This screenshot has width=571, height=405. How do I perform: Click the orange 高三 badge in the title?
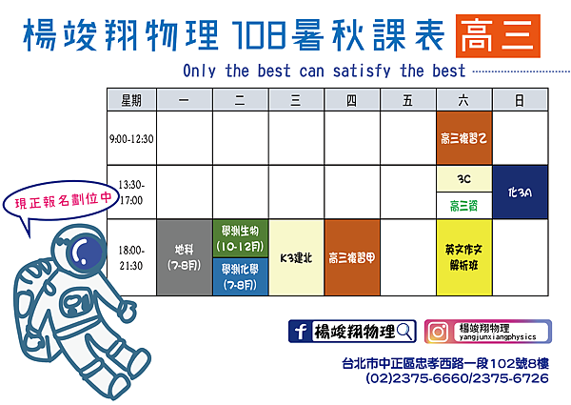(x=498, y=35)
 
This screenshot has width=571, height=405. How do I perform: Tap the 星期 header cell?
(x=131, y=100)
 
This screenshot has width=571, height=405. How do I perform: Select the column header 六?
(x=464, y=100)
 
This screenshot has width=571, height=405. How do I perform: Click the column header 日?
(x=520, y=100)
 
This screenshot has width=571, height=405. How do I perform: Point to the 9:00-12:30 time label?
(x=131, y=139)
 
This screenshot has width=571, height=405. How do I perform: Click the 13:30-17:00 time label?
(x=131, y=192)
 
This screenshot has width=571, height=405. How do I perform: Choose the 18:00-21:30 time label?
(x=131, y=257)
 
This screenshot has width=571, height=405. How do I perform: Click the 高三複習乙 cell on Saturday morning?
(x=464, y=138)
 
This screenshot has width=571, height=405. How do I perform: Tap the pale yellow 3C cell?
(x=464, y=179)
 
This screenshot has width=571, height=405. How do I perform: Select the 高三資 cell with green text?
(x=464, y=206)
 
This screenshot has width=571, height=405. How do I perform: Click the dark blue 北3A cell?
(x=520, y=192)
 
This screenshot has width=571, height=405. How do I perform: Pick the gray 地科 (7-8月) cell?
(x=185, y=257)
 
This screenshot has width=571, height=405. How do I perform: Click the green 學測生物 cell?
(x=241, y=238)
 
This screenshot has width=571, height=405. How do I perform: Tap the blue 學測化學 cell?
(x=241, y=276)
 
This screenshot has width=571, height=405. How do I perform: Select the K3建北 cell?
(x=296, y=257)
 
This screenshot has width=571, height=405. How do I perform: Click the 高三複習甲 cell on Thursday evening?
(x=352, y=257)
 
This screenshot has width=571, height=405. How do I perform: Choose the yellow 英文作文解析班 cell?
(x=464, y=257)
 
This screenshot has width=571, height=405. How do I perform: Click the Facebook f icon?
(x=300, y=332)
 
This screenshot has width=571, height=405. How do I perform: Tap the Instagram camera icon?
(x=438, y=332)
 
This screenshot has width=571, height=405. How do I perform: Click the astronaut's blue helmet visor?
(x=87, y=252)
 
